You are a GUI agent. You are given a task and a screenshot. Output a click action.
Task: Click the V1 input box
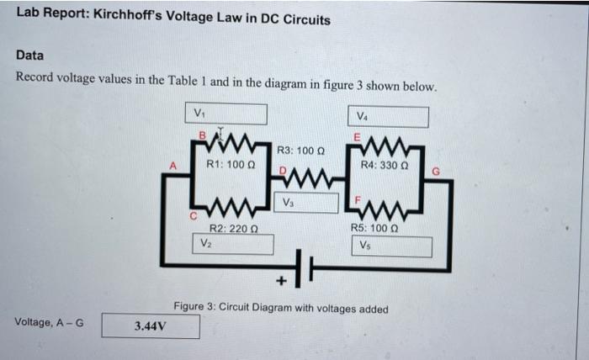(x=228, y=114)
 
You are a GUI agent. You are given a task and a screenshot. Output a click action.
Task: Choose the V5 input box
(x=392, y=246)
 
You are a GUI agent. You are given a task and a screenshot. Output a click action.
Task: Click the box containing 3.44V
(x=151, y=326)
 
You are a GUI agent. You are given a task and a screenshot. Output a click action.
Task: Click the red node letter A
(x=174, y=167)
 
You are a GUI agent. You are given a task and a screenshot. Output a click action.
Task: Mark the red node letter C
(x=192, y=215)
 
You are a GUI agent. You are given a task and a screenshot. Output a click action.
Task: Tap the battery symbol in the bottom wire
(x=305, y=267)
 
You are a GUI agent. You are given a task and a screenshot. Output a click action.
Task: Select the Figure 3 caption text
(x=280, y=309)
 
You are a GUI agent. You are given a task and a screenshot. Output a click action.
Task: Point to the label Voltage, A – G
(x=49, y=322)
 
